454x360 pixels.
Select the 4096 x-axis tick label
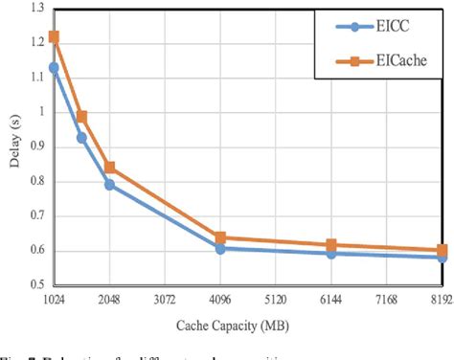(x=220, y=299)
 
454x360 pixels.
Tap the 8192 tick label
(x=440, y=299)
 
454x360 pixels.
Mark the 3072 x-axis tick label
(x=165, y=299)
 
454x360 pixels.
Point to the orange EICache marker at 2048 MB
(x=110, y=168)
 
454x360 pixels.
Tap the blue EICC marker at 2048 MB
(x=110, y=185)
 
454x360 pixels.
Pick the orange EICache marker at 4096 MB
(x=220, y=237)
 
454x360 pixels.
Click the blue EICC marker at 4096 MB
(x=220, y=248)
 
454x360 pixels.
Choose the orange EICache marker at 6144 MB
(x=330, y=245)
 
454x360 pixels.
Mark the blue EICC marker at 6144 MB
(x=330, y=254)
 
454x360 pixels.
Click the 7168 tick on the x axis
(x=385, y=299)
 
